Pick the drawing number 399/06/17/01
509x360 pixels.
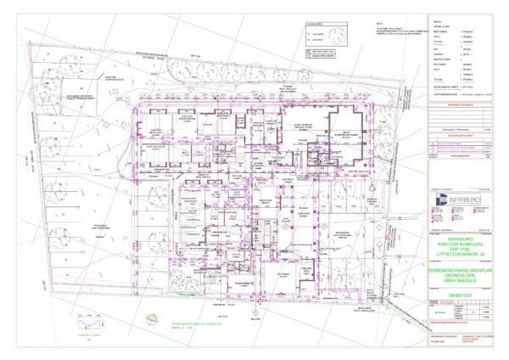(x=458, y=295)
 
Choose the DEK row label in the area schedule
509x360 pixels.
(x=435, y=49)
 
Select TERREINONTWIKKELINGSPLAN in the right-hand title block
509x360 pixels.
(x=458, y=270)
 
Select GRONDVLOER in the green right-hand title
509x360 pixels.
(x=458, y=276)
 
